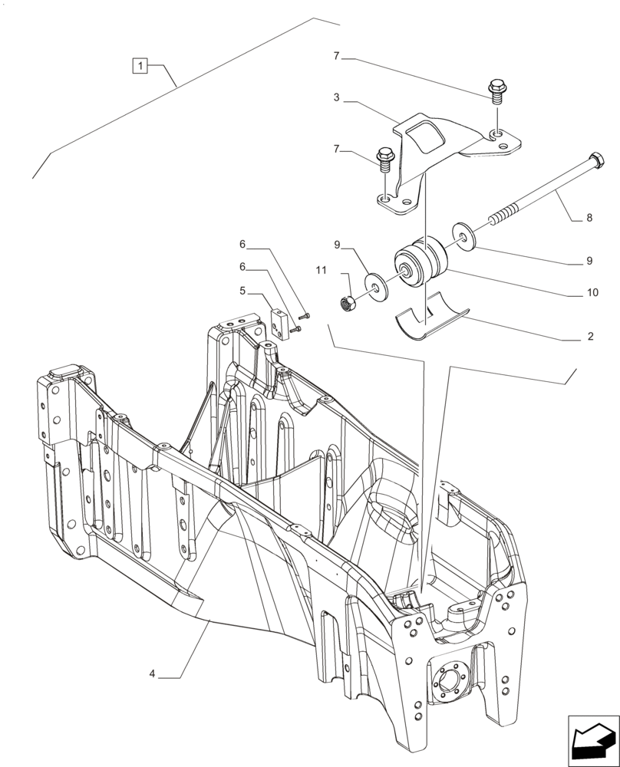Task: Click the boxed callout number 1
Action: [x=140, y=66]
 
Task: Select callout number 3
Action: [x=336, y=98]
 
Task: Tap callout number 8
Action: [x=589, y=218]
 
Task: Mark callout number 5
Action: [x=242, y=291]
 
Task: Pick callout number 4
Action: [x=152, y=675]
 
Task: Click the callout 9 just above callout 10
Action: [x=589, y=261]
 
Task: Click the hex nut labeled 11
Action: [x=348, y=302]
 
